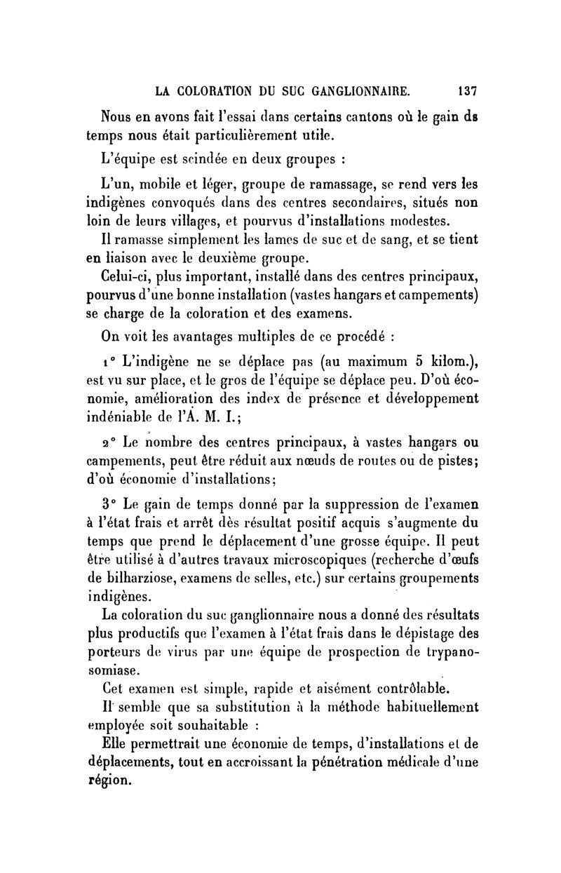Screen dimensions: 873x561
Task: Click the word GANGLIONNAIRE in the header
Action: (x=350, y=90)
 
